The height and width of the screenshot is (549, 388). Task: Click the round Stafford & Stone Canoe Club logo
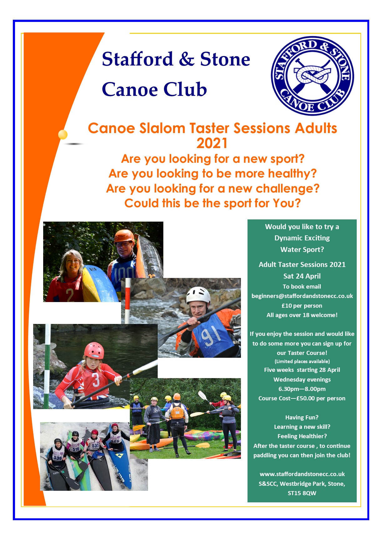(x=312, y=76)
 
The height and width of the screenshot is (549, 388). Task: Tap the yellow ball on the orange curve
(x=63, y=134)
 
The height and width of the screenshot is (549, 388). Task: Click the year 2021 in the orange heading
(x=212, y=143)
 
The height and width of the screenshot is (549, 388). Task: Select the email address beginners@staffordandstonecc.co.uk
(x=302, y=296)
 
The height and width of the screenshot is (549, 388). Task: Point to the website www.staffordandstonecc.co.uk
(x=302, y=474)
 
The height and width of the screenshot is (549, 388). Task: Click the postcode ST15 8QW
(x=302, y=493)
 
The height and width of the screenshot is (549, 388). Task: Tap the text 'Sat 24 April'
(x=302, y=276)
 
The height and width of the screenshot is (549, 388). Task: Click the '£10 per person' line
(x=302, y=305)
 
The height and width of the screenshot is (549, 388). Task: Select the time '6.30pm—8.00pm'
(x=302, y=389)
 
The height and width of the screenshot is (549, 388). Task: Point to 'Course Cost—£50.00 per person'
(x=302, y=398)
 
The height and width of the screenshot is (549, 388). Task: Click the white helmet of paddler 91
(x=198, y=295)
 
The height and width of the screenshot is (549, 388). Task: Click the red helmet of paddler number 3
(x=94, y=350)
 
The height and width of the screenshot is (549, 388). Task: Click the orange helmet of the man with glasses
(x=124, y=237)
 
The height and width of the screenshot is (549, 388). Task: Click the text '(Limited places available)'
(x=302, y=361)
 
